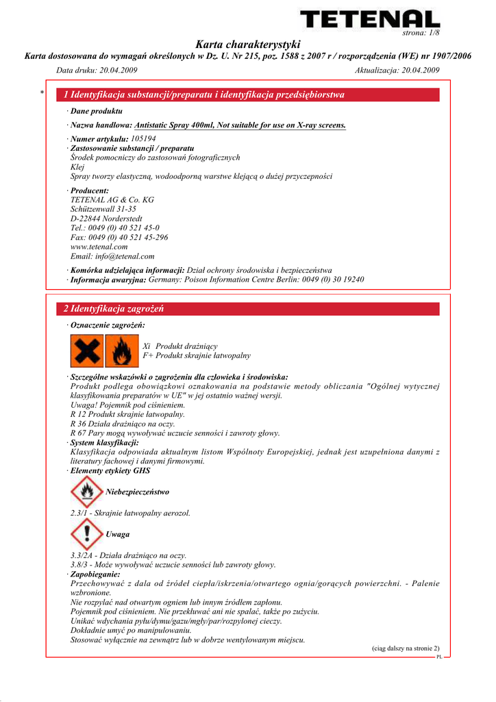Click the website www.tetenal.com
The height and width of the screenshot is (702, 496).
(99, 247)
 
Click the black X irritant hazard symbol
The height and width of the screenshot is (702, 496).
(87, 351)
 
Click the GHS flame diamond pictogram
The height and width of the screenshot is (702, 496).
(86, 492)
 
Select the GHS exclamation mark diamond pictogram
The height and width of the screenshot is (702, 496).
(86, 533)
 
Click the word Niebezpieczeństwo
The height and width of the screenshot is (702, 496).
(137, 492)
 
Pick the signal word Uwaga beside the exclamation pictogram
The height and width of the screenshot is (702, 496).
(118, 534)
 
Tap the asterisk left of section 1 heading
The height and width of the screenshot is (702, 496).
(42, 94)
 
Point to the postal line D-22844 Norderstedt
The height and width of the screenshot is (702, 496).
(106, 219)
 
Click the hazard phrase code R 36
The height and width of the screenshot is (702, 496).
(79, 424)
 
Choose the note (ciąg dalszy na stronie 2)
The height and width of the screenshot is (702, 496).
(406, 648)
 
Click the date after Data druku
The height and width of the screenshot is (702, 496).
(121, 71)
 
